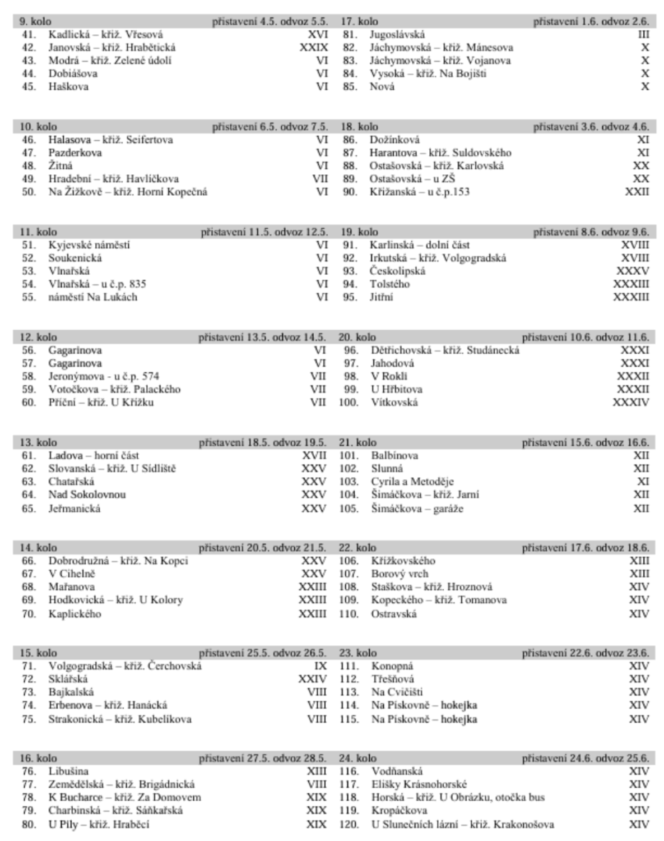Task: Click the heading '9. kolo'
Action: tap(35, 22)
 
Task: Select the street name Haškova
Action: tap(68, 86)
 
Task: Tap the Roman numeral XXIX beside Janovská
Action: tap(313, 48)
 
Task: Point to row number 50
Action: tap(29, 192)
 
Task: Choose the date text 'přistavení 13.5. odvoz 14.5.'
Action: tap(262, 338)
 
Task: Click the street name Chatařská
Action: tap(71, 482)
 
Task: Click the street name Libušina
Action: tap(68, 771)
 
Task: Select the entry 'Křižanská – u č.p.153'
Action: tap(419, 192)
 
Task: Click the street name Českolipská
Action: tap(397, 271)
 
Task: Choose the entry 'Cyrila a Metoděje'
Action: tap(412, 482)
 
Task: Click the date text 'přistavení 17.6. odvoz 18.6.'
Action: tap(586, 548)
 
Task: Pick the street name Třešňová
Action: tap(392, 679)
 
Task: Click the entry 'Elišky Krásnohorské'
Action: tap(419, 784)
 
